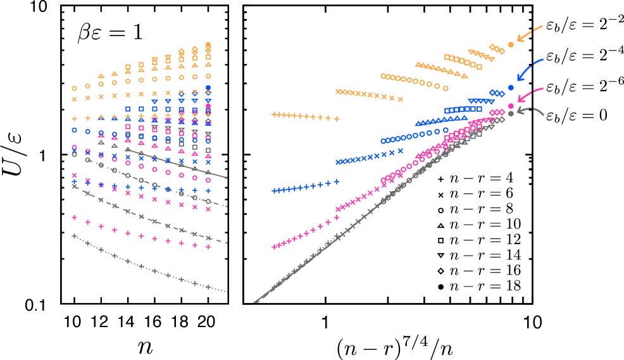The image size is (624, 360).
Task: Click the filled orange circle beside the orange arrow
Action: pyautogui.click(x=511, y=45)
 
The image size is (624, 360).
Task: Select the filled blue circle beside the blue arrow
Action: pyautogui.click(x=511, y=88)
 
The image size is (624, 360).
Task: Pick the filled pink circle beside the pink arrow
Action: pyautogui.click(x=511, y=106)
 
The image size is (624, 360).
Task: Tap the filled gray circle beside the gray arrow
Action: pyautogui.click(x=511, y=114)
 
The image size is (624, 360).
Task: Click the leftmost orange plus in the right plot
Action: pyautogui.click(x=275, y=115)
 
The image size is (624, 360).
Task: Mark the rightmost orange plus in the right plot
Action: pyautogui.click(x=337, y=119)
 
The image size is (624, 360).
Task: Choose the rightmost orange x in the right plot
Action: pyautogui.click(x=400, y=99)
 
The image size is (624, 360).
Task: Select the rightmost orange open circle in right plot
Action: pyautogui.click(x=446, y=89)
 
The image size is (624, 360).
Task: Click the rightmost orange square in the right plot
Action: pyautogui.click(x=479, y=67)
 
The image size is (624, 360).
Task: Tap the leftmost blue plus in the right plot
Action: pyautogui.click(x=275, y=190)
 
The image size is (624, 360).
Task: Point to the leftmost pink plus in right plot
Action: pyautogui.click(x=275, y=247)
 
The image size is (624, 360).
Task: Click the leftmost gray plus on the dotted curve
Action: pyautogui.click(x=75, y=236)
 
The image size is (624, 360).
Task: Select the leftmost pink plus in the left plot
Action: pyautogui.click(x=75, y=217)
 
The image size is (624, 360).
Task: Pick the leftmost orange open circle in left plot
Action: pyautogui.click(x=75, y=88)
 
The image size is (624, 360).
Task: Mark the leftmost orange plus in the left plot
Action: pyautogui.click(x=75, y=118)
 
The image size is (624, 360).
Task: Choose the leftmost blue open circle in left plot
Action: pyautogui.click(x=75, y=130)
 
